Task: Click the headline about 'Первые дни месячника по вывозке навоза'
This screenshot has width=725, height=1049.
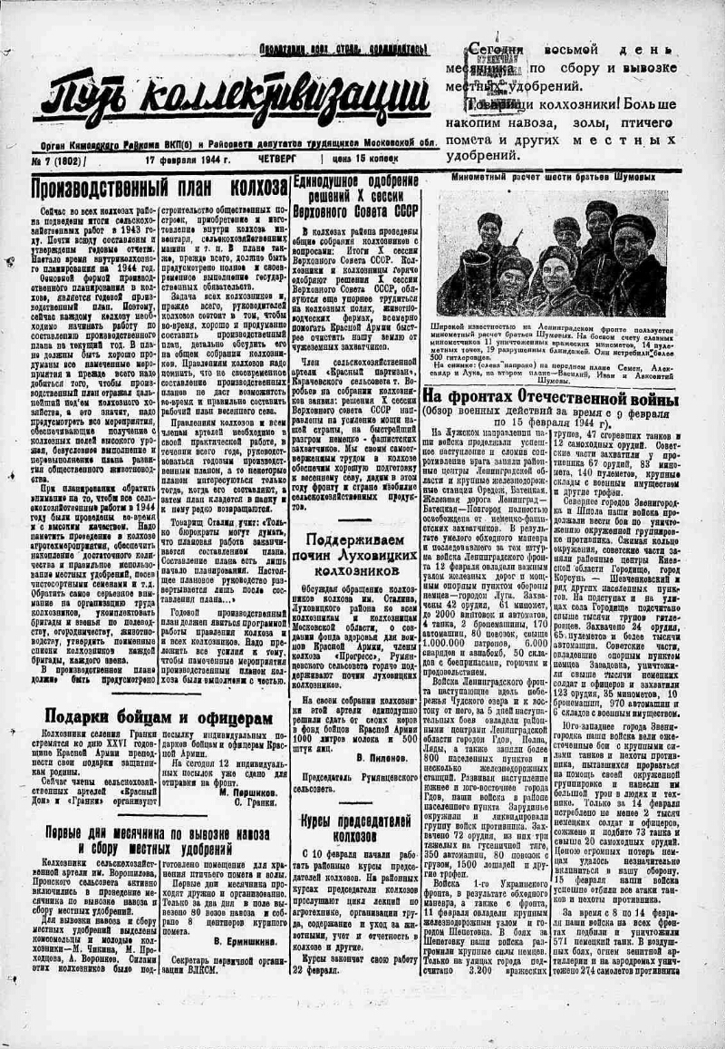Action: [x=148, y=840]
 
